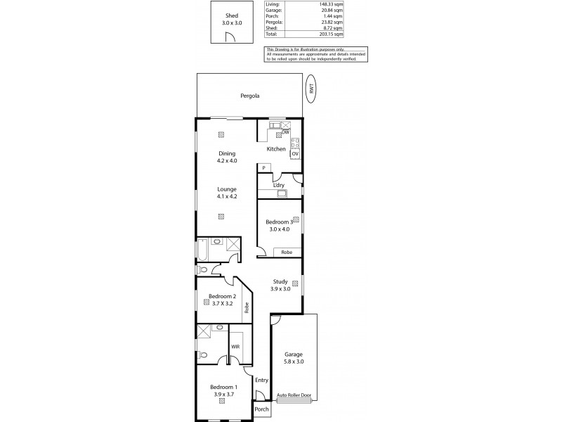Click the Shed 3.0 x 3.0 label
(233, 18)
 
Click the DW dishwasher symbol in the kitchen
(286, 132)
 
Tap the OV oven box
(295, 153)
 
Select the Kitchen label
(275, 149)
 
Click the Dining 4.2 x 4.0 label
(226, 157)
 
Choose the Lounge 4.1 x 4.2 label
(226, 193)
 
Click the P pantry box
(263, 168)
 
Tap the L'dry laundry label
(279, 185)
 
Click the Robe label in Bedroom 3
(287, 252)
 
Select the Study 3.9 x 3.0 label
(281, 285)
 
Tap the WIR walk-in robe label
(236, 347)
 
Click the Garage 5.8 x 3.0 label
(294, 358)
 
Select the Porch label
(261, 409)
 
